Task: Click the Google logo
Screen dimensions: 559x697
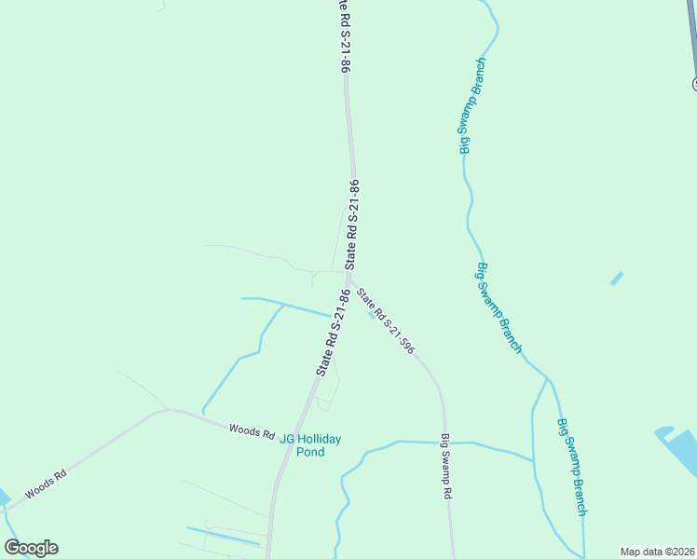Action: (x=31, y=548)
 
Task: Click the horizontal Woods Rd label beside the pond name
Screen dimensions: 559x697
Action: (x=252, y=432)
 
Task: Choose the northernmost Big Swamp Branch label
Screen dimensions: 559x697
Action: (x=472, y=106)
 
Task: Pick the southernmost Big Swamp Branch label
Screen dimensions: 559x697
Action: (x=572, y=467)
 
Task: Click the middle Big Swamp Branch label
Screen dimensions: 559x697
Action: (x=499, y=307)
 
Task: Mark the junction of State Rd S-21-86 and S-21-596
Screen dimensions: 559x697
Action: (x=349, y=276)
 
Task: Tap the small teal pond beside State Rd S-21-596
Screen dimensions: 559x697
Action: (x=372, y=315)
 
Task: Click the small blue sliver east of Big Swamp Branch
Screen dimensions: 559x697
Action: (x=617, y=278)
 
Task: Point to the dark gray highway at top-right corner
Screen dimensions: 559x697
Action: (x=690, y=37)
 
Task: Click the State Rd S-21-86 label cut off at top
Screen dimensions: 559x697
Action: (x=343, y=37)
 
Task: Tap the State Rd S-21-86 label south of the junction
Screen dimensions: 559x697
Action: (x=334, y=332)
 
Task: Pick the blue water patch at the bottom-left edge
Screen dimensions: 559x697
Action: (x=5, y=498)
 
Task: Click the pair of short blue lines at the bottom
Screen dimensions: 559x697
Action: (x=224, y=535)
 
